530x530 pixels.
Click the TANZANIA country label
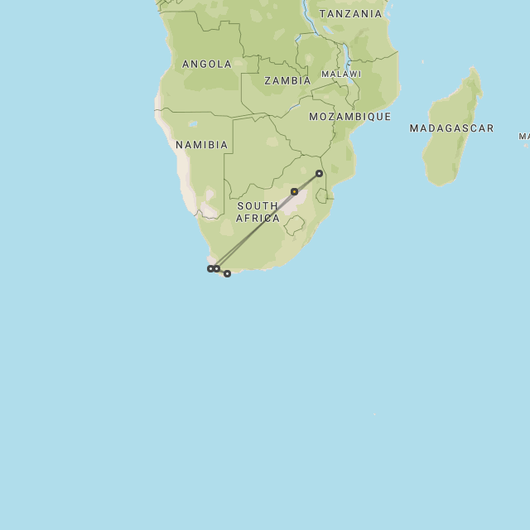click(350, 13)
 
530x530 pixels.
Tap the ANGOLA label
click(206, 64)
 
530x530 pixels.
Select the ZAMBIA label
click(287, 80)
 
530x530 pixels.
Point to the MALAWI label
click(340, 74)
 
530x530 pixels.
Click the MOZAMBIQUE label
click(349, 117)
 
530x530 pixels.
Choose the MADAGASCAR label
click(451, 128)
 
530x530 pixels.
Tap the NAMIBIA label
click(201, 145)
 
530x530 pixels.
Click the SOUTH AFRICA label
click(258, 212)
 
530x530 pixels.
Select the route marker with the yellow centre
click(294, 191)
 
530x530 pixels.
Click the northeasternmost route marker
click(319, 173)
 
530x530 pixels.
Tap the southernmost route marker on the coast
click(227, 273)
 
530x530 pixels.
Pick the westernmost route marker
click(210, 268)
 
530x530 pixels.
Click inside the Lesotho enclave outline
click(294, 224)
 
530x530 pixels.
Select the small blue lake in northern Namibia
click(192, 125)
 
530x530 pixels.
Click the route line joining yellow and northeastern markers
click(306, 182)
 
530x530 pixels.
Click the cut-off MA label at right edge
click(524, 136)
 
